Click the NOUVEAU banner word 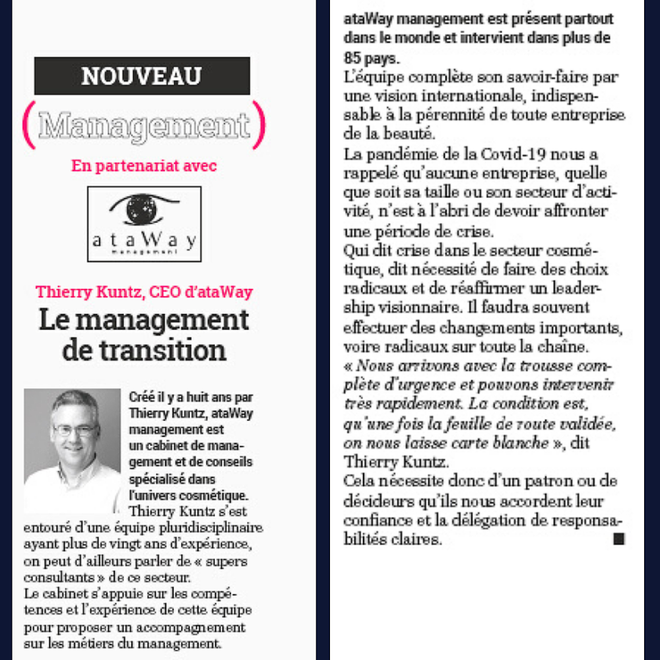coord(141,76)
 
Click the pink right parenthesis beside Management coord(259,125)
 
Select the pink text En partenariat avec coord(144,166)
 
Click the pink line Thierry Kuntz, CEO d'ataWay coord(144,292)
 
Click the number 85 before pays coord(356,57)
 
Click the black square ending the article coord(618,539)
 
